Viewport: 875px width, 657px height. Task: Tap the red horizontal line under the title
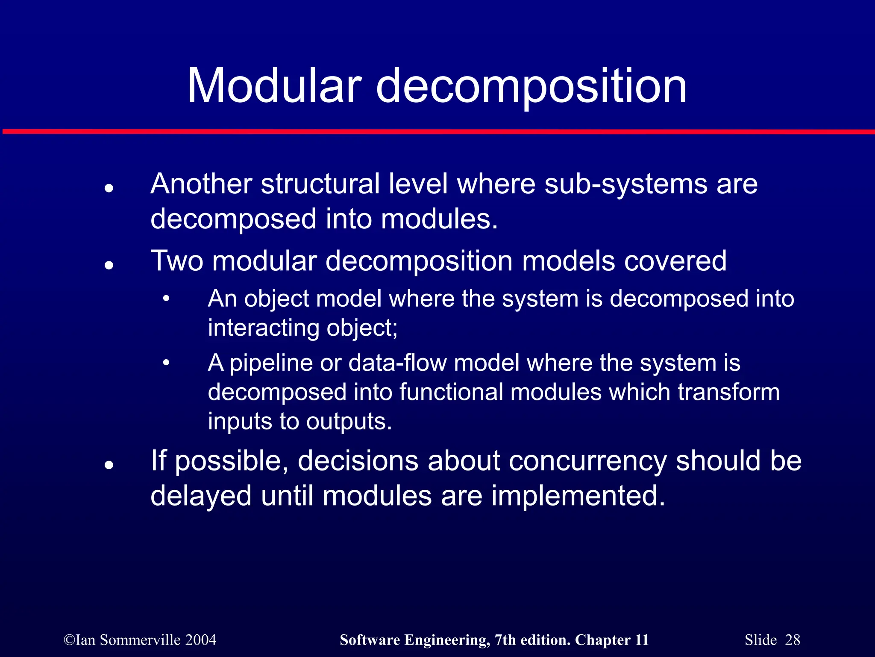click(x=437, y=132)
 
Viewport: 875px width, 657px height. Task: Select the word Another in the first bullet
click(x=201, y=184)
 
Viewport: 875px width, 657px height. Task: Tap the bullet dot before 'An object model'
click(x=166, y=299)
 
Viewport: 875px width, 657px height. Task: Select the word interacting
click(x=263, y=328)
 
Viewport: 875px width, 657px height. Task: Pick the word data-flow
click(x=397, y=363)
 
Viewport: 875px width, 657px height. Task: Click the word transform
click(x=728, y=392)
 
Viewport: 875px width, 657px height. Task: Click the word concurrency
click(x=587, y=462)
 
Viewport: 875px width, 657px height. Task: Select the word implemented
click(x=578, y=496)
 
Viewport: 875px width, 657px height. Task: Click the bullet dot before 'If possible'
click(x=109, y=465)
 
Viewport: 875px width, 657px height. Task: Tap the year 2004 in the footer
click(x=201, y=640)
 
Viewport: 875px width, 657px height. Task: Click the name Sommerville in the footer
click(x=140, y=640)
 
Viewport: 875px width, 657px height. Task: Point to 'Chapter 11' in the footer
click(x=611, y=640)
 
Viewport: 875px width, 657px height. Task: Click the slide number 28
click(x=793, y=640)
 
